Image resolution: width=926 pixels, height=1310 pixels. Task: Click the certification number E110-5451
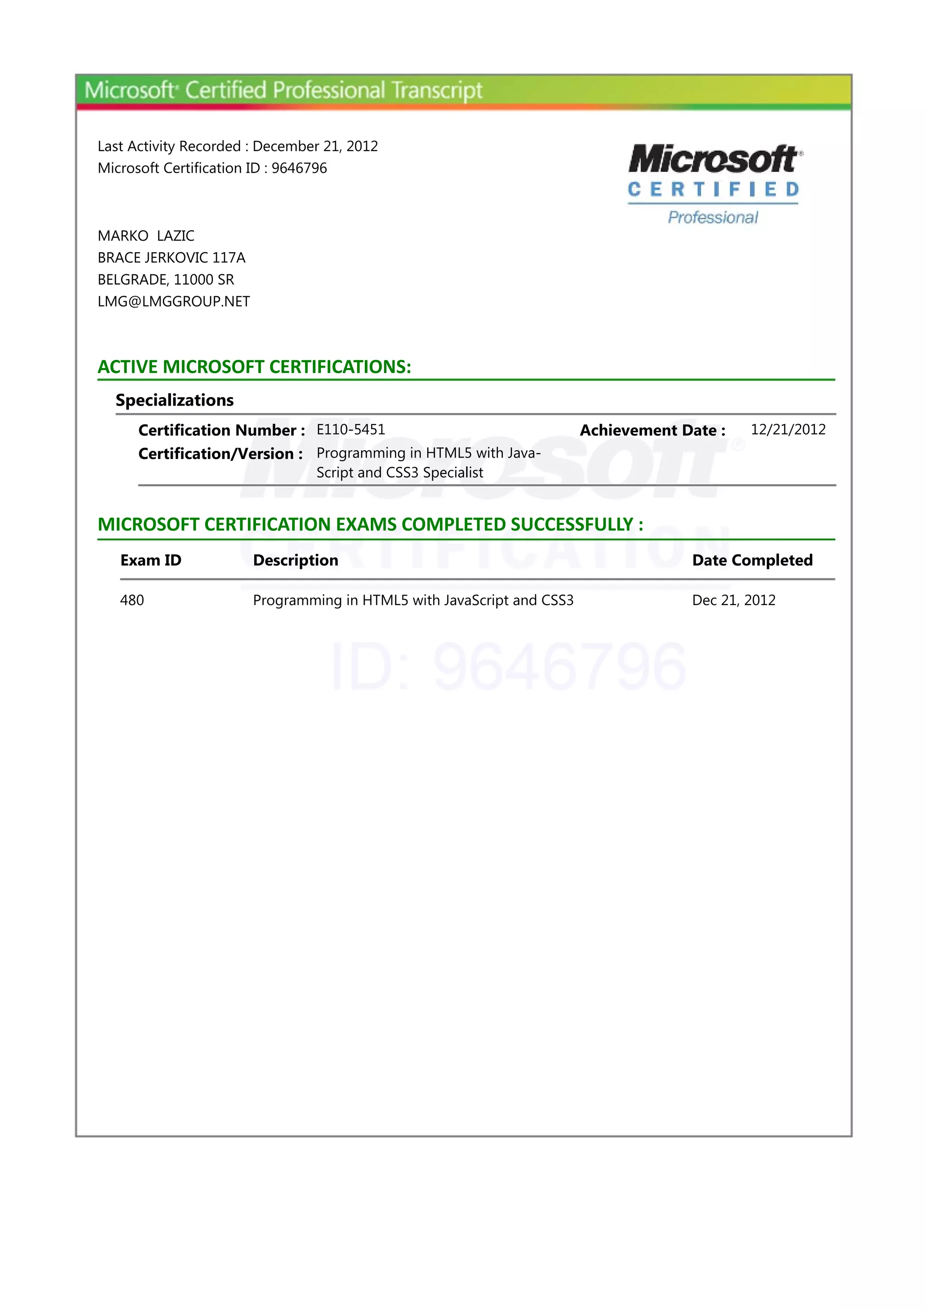coord(350,430)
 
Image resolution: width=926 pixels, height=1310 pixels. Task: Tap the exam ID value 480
coord(132,600)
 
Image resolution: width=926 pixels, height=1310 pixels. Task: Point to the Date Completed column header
coord(752,560)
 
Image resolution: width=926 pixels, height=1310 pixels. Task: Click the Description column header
coord(296,560)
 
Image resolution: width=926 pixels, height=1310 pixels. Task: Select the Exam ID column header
coord(151,560)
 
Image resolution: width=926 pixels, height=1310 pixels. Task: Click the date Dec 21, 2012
coord(733,600)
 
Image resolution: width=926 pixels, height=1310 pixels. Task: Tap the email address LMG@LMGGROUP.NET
coord(174,302)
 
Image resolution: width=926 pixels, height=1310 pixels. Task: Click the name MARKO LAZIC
coord(146,236)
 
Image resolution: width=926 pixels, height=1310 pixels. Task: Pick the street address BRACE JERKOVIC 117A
coord(171,258)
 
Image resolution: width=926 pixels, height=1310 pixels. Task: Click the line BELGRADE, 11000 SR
coord(165,279)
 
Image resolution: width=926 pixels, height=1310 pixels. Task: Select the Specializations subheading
coord(175,400)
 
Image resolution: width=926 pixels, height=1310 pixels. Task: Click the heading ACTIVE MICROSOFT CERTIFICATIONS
coord(255,367)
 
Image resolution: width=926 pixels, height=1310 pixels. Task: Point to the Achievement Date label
coord(652,430)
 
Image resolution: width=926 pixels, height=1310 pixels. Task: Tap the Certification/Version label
coord(220,454)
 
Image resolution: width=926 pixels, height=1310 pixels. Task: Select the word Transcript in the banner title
coord(437,91)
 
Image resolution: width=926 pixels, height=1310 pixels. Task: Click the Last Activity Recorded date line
coord(237,147)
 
